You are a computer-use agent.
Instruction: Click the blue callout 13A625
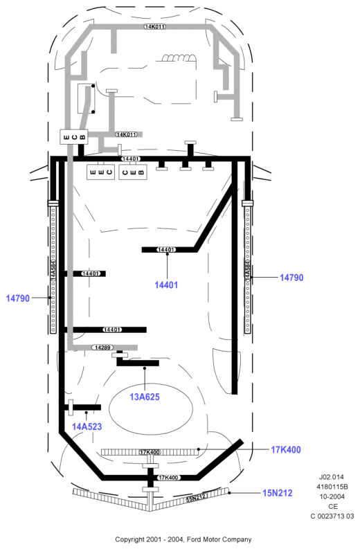click(x=145, y=397)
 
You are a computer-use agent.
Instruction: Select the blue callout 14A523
click(x=87, y=426)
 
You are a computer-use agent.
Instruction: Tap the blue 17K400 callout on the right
click(x=286, y=449)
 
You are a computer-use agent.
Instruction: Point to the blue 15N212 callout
click(x=278, y=493)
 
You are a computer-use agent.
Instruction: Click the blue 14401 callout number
click(x=166, y=285)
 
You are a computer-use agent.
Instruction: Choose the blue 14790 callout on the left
click(x=18, y=298)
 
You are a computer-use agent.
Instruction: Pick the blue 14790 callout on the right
click(x=291, y=278)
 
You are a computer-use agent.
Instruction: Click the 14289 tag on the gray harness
click(x=102, y=348)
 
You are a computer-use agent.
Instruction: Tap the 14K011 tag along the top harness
click(x=154, y=26)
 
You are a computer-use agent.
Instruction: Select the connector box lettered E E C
click(x=101, y=172)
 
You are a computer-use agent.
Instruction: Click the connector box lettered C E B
click(x=133, y=172)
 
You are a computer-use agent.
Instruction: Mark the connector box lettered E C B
click(x=74, y=136)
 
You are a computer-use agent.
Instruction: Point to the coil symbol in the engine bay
click(x=179, y=57)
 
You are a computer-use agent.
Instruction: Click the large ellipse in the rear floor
click(x=151, y=410)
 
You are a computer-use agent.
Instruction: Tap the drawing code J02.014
click(x=332, y=477)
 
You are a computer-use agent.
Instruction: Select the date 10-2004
click(x=332, y=496)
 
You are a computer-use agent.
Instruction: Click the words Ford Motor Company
click(x=219, y=539)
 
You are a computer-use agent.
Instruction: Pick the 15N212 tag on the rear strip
click(x=197, y=497)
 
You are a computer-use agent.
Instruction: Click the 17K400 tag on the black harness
click(x=168, y=478)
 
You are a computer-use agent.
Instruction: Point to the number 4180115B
click(x=332, y=487)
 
